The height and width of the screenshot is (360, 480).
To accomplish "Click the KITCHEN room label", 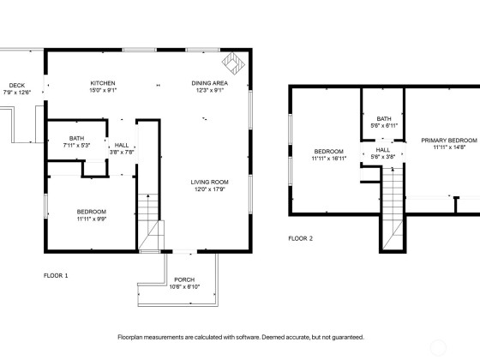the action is pyautogui.click(x=103, y=83).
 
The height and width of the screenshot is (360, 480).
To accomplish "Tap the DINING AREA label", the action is pyautogui.click(x=210, y=83).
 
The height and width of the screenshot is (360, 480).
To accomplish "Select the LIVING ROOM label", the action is pyautogui.click(x=210, y=182).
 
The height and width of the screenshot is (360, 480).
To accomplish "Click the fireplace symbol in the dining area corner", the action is pyautogui.click(x=233, y=63).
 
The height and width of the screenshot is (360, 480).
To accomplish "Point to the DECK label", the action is pyautogui.click(x=17, y=86).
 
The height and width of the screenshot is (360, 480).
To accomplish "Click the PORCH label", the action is pyautogui.click(x=184, y=279).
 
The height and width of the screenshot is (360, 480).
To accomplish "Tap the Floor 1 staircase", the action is pyautogui.click(x=149, y=222).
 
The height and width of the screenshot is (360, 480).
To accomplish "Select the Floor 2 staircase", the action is pyautogui.click(x=393, y=208).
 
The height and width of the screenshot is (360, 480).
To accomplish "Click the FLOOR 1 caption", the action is pyautogui.click(x=56, y=275).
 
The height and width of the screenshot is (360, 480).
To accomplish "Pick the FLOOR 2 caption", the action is pyautogui.click(x=301, y=238).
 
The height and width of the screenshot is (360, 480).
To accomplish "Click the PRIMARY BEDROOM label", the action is pyautogui.click(x=449, y=141).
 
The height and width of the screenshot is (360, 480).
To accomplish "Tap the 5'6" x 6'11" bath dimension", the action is pyautogui.click(x=384, y=125).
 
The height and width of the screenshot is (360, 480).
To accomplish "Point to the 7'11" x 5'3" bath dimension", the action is pyautogui.click(x=76, y=146).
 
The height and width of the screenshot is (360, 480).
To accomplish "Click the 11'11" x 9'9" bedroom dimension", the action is pyautogui.click(x=92, y=219).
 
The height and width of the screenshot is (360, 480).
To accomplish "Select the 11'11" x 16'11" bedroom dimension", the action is pyautogui.click(x=329, y=159).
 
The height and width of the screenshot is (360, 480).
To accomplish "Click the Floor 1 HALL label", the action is pyautogui.click(x=122, y=145).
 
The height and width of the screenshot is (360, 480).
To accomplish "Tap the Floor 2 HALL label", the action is pyautogui.click(x=382, y=150).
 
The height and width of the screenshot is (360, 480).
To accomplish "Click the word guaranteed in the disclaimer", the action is pyautogui.click(x=348, y=338).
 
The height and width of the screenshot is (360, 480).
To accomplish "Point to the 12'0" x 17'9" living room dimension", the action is pyautogui.click(x=210, y=189).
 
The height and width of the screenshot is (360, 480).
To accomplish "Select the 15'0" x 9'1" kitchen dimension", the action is pyautogui.click(x=103, y=90).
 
